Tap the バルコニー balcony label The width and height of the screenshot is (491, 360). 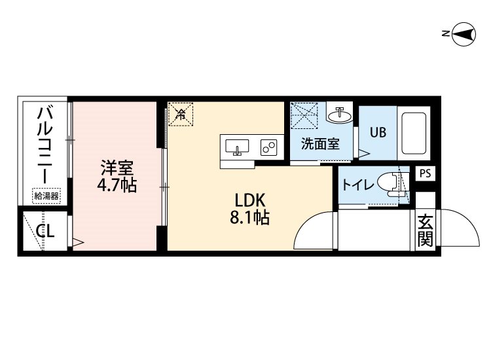click(x=45, y=145)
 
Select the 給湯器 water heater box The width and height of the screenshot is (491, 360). click(x=46, y=196)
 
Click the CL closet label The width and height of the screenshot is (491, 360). click(x=45, y=231)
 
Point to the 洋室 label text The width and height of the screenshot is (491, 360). click(x=117, y=168)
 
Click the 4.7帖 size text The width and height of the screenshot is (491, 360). click(x=117, y=185)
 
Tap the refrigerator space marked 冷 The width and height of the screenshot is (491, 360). click(x=181, y=115)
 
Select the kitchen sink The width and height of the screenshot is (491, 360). click(x=237, y=147)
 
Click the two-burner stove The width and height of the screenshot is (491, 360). click(x=268, y=147)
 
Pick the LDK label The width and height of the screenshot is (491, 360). click(x=250, y=201)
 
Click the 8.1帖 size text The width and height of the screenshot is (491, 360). click(x=250, y=217)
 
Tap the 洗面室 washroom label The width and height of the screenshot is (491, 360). click(x=320, y=144)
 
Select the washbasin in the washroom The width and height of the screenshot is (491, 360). click(x=339, y=115)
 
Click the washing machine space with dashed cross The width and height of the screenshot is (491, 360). click(x=304, y=115)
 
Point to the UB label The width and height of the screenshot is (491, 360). click(x=378, y=132)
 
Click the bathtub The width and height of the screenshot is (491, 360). click(x=414, y=133)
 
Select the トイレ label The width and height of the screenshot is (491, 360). click(x=358, y=185)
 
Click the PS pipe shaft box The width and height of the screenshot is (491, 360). click(x=426, y=173)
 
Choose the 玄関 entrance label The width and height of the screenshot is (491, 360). click(x=425, y=230)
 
